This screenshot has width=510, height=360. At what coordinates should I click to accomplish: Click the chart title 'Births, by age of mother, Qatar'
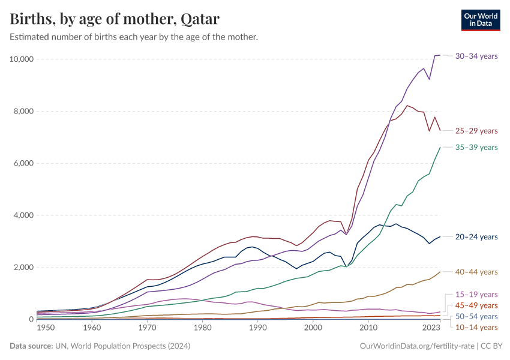point(115,19)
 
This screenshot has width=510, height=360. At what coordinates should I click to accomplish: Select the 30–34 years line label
point(476,56)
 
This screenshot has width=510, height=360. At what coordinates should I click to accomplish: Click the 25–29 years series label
point(476,131)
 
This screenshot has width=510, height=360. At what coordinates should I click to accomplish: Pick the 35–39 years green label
point(476,147)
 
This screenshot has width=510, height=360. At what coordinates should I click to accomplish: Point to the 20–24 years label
point(476,237)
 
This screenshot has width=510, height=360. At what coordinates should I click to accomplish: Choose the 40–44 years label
point(476,272)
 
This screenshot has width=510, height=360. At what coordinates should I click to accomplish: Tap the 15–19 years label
point(476,295)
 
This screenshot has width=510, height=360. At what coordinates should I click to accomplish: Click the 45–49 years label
point(476,305)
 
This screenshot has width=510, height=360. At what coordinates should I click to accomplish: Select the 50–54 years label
point(476,316)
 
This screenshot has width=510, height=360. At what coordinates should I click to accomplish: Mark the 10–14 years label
point(476,327)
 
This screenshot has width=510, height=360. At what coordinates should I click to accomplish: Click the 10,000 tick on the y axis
point(22,59)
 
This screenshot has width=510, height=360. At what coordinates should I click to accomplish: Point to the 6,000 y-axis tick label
point(23,163)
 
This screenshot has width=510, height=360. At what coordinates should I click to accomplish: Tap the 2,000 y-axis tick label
point(23,267)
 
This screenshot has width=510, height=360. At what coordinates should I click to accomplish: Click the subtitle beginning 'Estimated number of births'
point(134,37)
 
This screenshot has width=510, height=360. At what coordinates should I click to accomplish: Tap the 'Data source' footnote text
point(99,346)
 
